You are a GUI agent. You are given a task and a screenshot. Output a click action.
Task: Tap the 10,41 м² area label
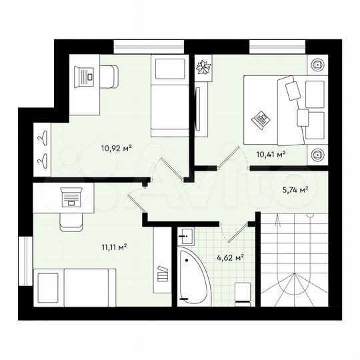point(271,154)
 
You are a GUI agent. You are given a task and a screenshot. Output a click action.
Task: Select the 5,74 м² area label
point(294,190)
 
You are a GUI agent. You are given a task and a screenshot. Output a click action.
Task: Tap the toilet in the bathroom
point(244,291)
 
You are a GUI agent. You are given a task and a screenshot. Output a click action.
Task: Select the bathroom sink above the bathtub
point(187,235)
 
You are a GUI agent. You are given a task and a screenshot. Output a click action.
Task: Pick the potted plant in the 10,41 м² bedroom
point(203,67)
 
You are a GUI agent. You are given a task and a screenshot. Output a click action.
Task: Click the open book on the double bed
point(260,121)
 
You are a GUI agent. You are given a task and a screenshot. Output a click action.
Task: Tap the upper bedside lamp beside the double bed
point(317,65)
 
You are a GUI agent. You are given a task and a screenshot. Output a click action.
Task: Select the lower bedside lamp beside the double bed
point(317,155)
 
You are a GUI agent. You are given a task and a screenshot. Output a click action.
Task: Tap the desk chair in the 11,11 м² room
point(69,221)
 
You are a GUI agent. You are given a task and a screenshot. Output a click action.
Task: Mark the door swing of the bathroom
point(235,231)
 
